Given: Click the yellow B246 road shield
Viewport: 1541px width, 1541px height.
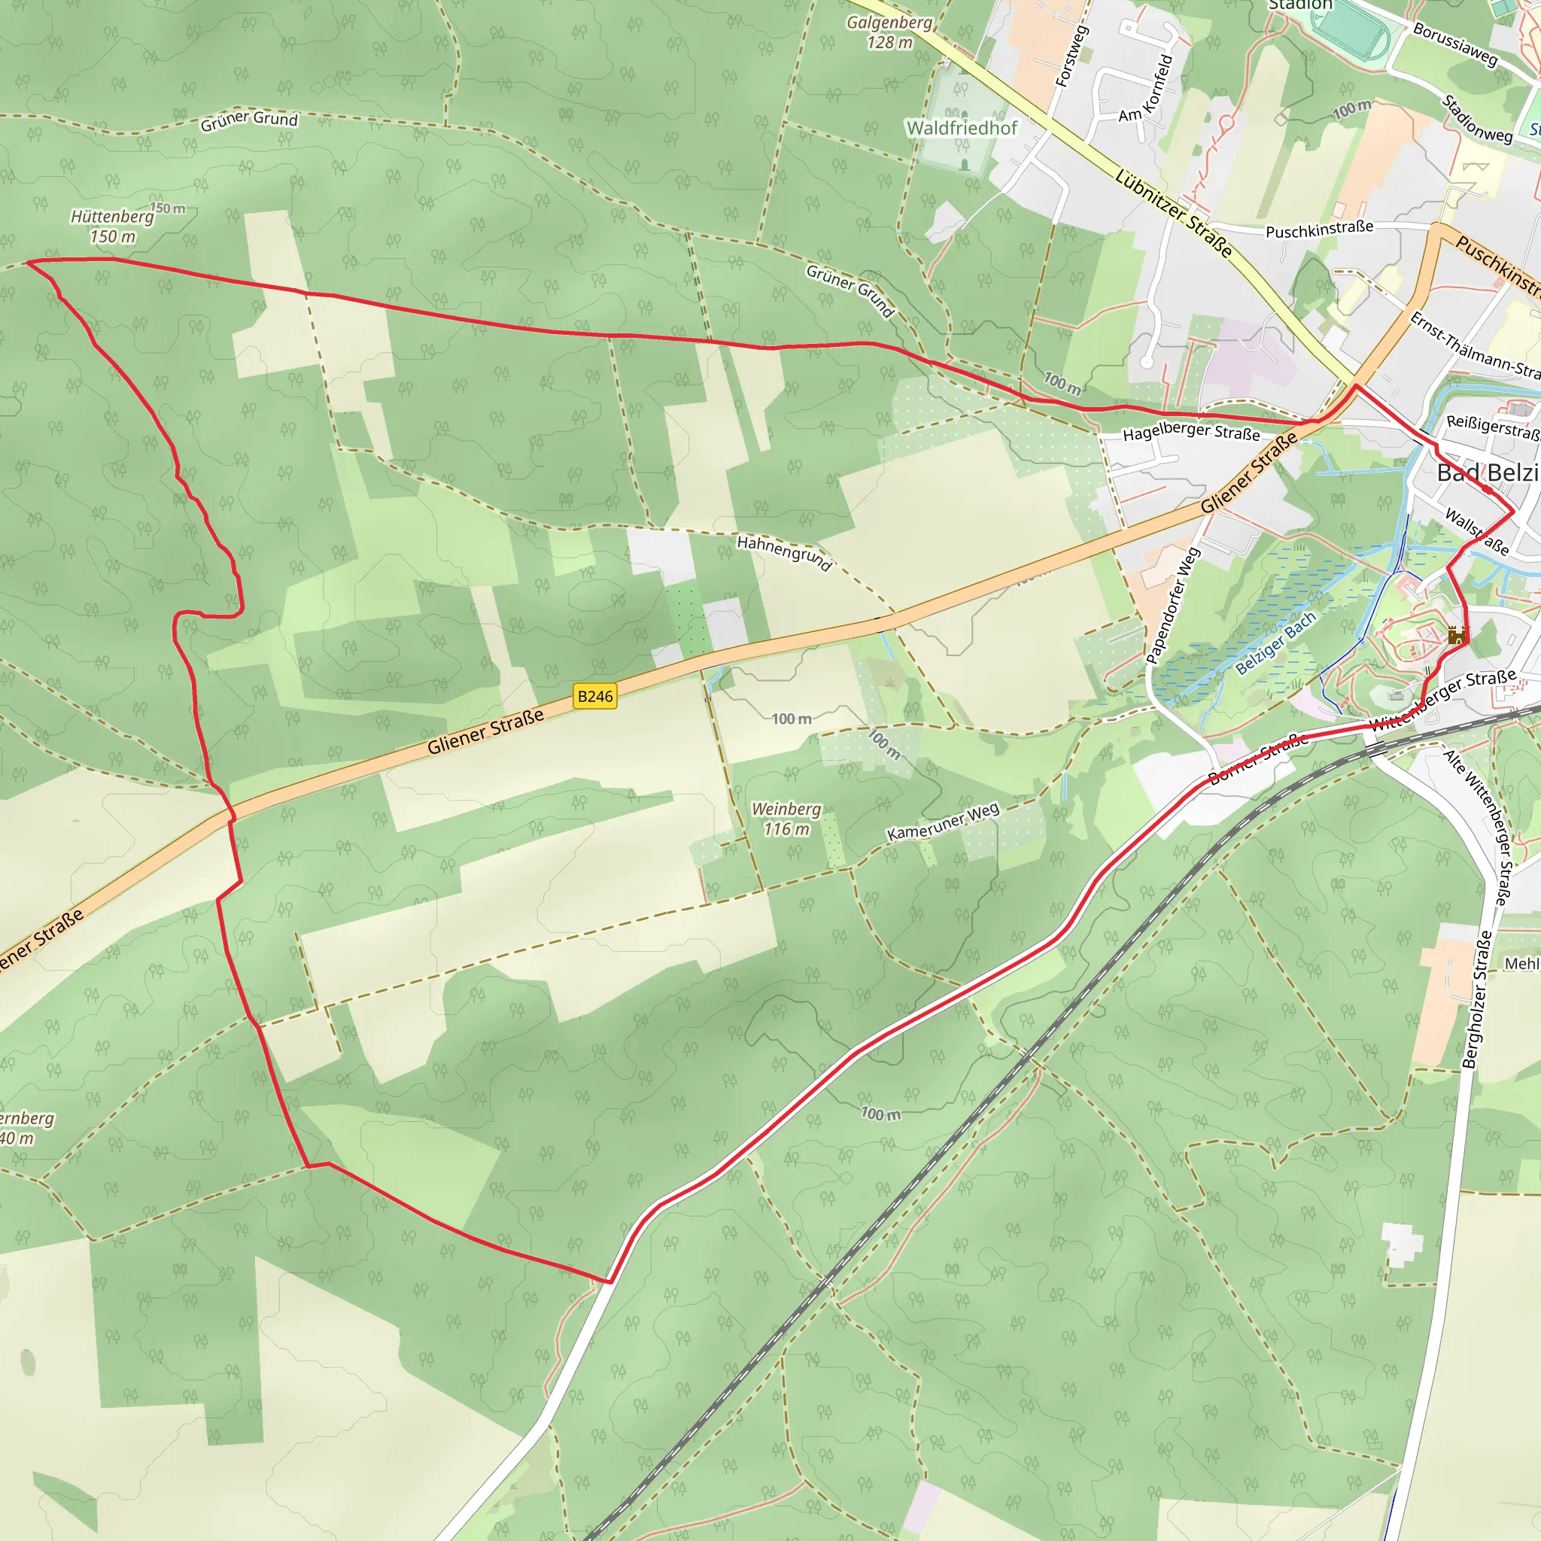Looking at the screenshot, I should (595, 696).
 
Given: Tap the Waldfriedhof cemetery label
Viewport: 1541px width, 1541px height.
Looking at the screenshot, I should (962, 128).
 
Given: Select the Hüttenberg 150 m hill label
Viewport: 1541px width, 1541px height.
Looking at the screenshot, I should (112, 226).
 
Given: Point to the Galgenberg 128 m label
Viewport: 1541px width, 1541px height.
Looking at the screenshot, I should (889, 32).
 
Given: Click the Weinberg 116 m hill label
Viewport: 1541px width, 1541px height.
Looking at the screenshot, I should (786, 819).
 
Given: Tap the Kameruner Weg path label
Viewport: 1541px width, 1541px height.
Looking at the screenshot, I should (943, 822).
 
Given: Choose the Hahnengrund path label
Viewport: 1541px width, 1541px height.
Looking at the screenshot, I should (784, 553).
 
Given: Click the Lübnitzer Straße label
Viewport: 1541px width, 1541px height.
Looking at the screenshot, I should (1173, 213).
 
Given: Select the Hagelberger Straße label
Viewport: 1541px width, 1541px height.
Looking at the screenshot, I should (1191, 431).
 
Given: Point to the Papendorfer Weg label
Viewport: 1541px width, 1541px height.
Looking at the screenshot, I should (1173, 606).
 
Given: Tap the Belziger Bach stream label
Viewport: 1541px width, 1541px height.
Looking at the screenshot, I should (1275, 643).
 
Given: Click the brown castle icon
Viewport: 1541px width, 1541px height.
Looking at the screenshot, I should (1456, 636).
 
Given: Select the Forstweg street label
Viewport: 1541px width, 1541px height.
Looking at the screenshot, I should (1071, 56).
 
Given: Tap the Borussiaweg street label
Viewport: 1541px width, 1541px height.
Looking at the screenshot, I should (1455, 43).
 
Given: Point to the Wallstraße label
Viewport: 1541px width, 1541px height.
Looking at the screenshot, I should (1476, 532).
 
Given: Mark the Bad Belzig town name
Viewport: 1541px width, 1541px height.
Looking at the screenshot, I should (1487, 473).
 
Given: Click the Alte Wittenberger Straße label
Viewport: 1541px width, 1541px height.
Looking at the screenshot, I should (1478, 826).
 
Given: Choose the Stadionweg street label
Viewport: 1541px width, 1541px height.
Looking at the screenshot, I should (1477, 119).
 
